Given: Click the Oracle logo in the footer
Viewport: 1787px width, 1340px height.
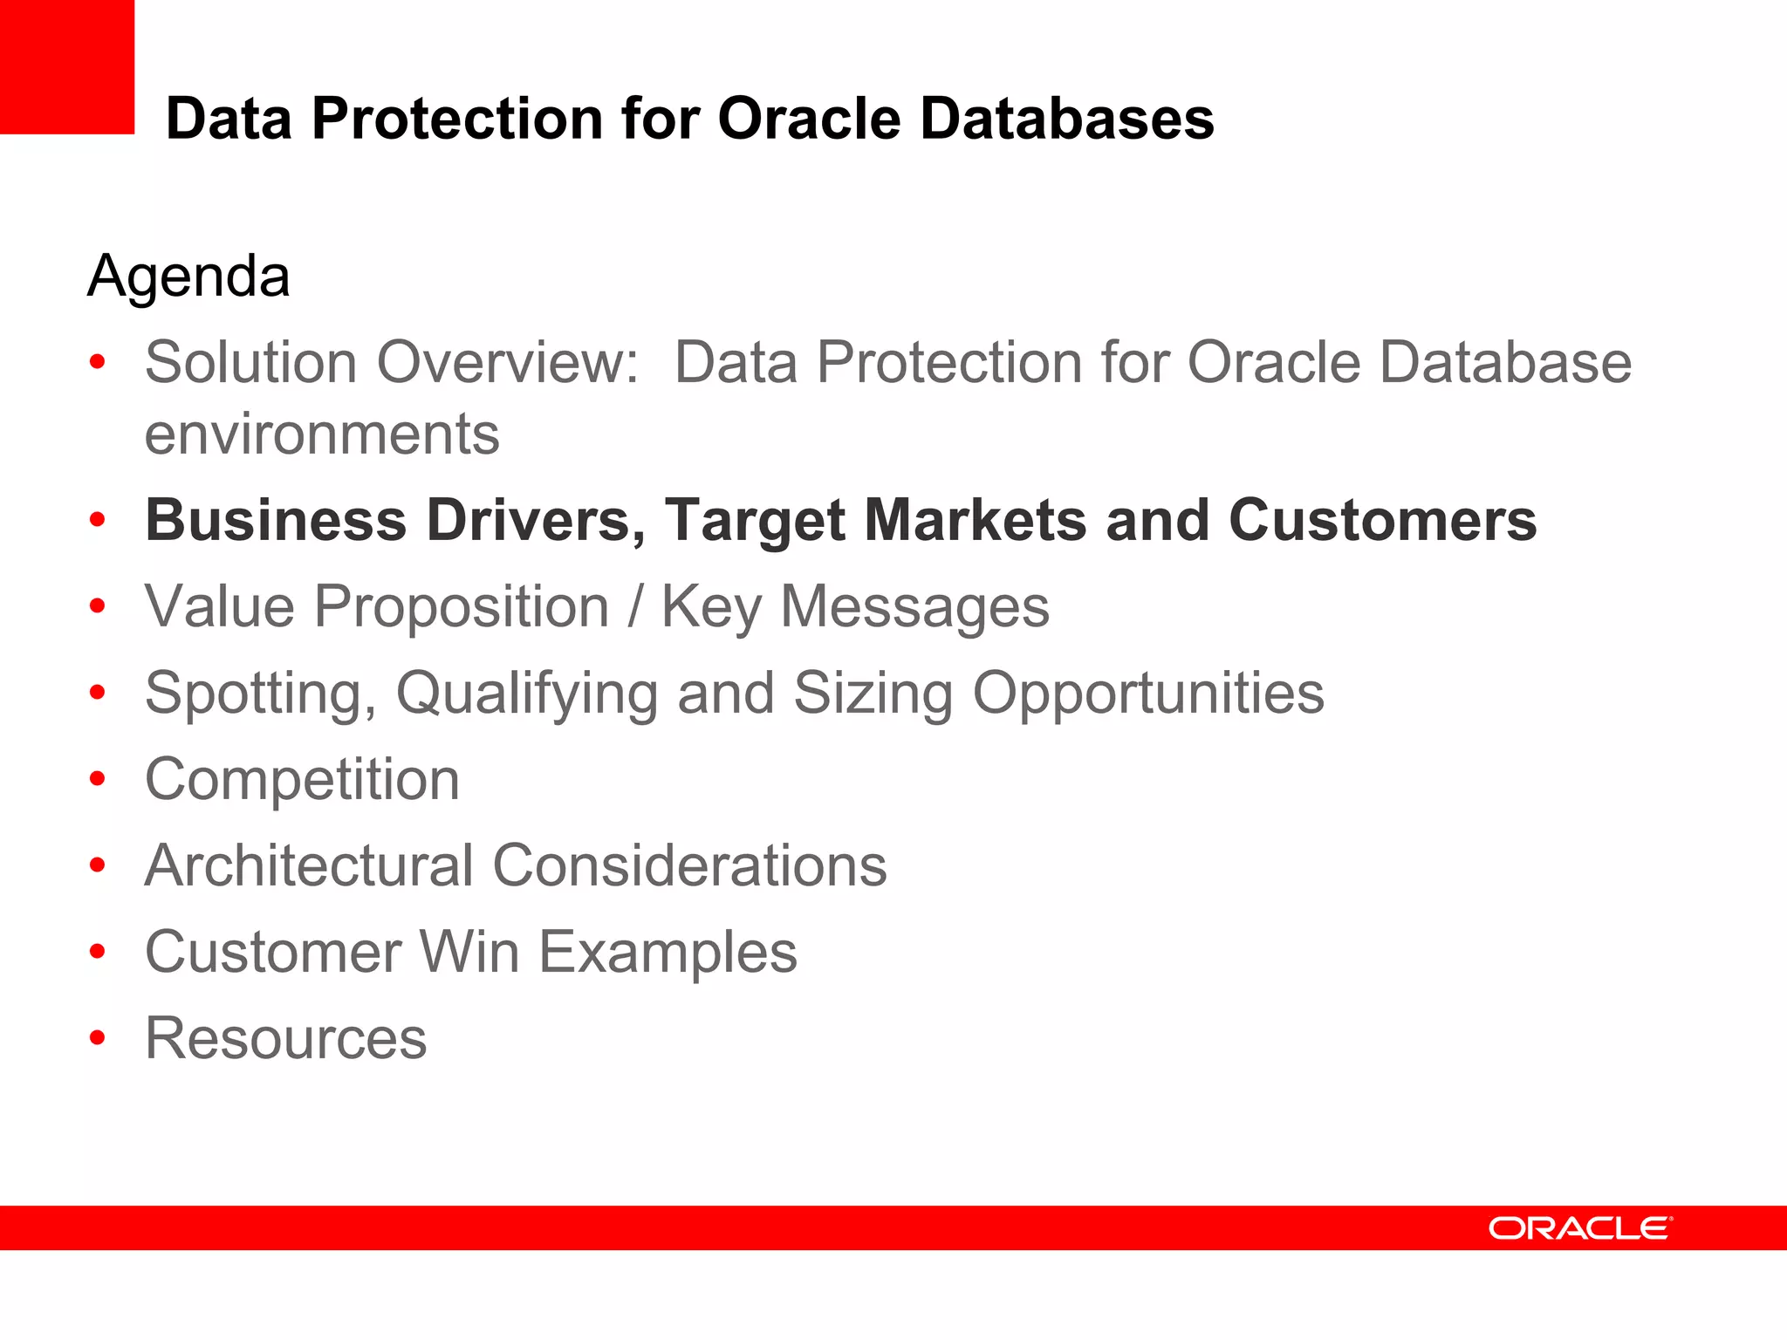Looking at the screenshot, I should [1579, 1228].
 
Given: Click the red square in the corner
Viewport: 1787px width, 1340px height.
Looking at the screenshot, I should [66, 66].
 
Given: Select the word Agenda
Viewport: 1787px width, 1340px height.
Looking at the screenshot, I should [188, 277].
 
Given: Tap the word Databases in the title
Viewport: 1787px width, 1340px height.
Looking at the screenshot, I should [1066, 119].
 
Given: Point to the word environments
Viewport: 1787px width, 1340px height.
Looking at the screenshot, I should [322, 434].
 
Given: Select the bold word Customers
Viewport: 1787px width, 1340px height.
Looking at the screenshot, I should [1382, 521].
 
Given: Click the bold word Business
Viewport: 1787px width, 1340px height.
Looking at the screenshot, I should [276, 521].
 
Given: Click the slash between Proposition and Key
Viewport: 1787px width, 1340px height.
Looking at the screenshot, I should [635, 607].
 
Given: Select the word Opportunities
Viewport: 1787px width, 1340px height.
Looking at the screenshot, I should [1148, 694].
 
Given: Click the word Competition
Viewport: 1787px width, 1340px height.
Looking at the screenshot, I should [302, 780].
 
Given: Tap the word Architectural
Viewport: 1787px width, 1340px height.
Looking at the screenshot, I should [309, 865].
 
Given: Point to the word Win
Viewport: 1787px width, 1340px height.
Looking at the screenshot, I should [469, 952].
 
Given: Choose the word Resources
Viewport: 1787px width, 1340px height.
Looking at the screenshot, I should [286, 1038].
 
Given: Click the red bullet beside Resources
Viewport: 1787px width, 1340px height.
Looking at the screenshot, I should [97, 1038].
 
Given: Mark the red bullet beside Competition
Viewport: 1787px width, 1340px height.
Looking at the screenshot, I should [97, 779].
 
